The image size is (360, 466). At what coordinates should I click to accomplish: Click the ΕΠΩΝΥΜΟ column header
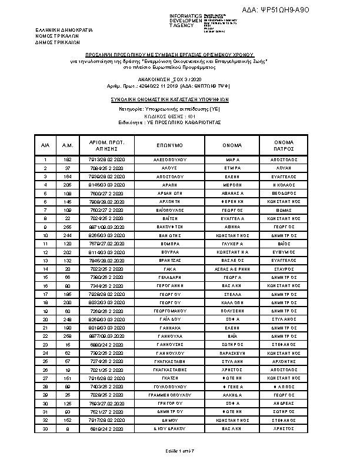[170, 145]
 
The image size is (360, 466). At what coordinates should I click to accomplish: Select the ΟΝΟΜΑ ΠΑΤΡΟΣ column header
[284, 145]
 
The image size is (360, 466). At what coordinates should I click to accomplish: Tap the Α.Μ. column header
[68, 145]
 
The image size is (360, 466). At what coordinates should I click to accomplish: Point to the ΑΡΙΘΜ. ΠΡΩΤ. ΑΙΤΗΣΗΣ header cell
[107, 145]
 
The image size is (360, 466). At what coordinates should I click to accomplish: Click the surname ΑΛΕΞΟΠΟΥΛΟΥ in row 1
[170, 159]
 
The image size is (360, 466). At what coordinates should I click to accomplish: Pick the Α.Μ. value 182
[68, 159]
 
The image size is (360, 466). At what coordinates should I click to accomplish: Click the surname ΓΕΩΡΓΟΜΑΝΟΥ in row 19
[170, 312]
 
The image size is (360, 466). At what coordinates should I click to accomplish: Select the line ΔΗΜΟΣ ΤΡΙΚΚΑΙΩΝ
[57, 41]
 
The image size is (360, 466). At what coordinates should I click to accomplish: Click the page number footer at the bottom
[179, 450]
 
